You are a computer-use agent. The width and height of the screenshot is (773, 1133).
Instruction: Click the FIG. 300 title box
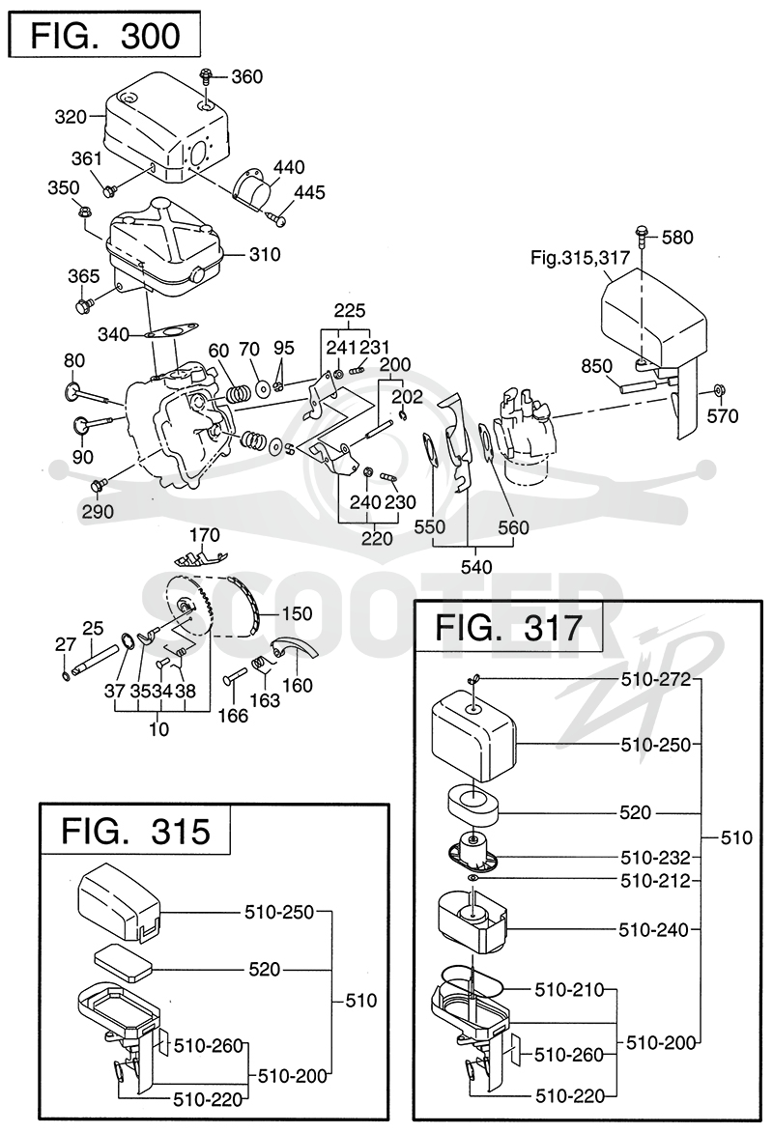[104, 35]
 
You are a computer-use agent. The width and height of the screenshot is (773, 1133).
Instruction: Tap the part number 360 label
[246, 76]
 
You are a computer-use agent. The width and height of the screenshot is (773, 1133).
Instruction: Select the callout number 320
[71, 116]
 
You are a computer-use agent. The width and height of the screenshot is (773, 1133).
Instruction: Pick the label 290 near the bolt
[98, 512]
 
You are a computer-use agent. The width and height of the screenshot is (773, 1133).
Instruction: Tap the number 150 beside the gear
[297, 613]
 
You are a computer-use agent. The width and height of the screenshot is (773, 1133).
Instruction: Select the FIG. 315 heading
[135, 831]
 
